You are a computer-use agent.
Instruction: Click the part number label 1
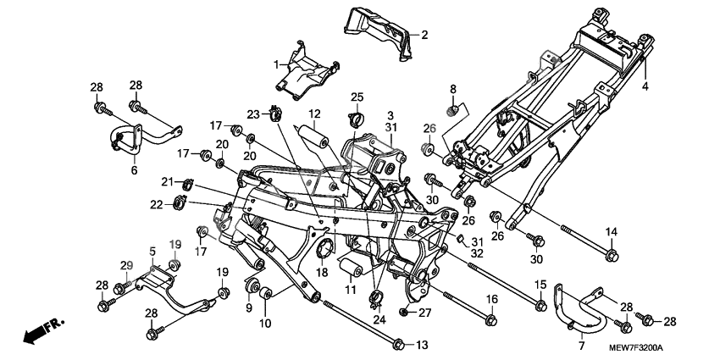(x=276, y=64)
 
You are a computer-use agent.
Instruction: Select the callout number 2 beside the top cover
(x=424, y=35)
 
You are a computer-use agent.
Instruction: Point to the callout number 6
(x=133, y=170)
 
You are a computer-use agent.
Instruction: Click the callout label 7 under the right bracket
(x=581, y=347)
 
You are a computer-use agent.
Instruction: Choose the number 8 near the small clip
(x=453, y=89)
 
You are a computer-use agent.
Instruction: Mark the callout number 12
(x=313, y=114)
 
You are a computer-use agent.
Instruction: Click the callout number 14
(x=611, y=232)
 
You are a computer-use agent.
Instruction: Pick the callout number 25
(x=357, y=96)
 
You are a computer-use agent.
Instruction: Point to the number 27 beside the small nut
(x=425, y=313)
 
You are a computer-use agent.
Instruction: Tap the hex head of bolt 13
(x=399, y=344)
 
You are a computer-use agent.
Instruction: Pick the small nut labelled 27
(x=405, y=313)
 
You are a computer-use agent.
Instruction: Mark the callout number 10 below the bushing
(x=264, y=324)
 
